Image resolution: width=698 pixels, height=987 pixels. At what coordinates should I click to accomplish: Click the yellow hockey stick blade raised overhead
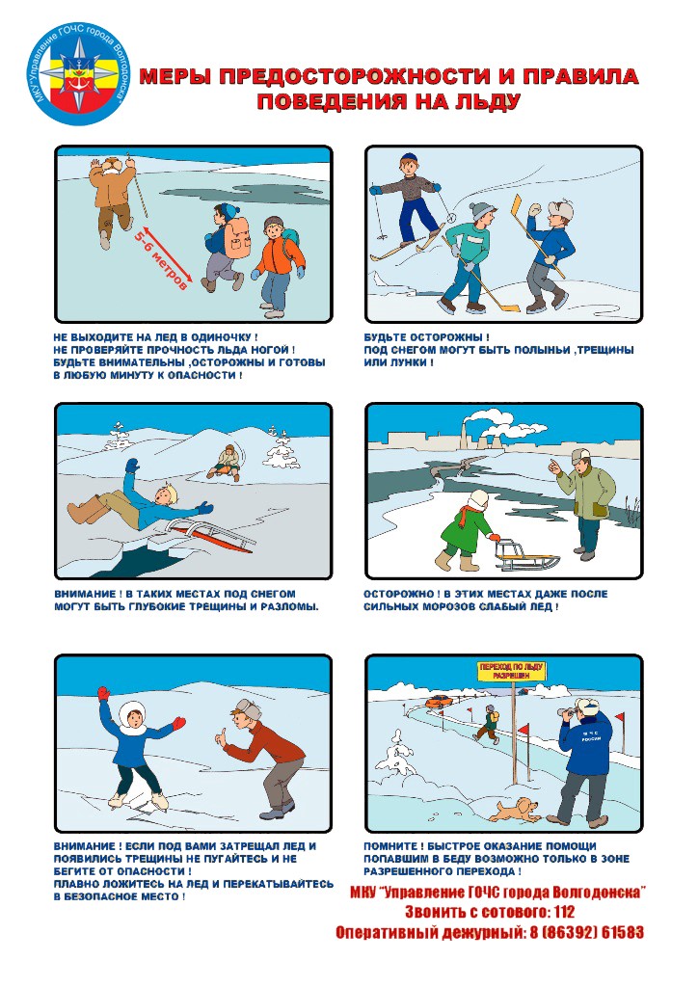(516, 207)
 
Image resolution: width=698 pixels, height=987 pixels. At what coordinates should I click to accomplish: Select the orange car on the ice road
(439, 701)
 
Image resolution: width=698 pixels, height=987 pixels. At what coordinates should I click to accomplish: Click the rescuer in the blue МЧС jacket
(582, 762)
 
